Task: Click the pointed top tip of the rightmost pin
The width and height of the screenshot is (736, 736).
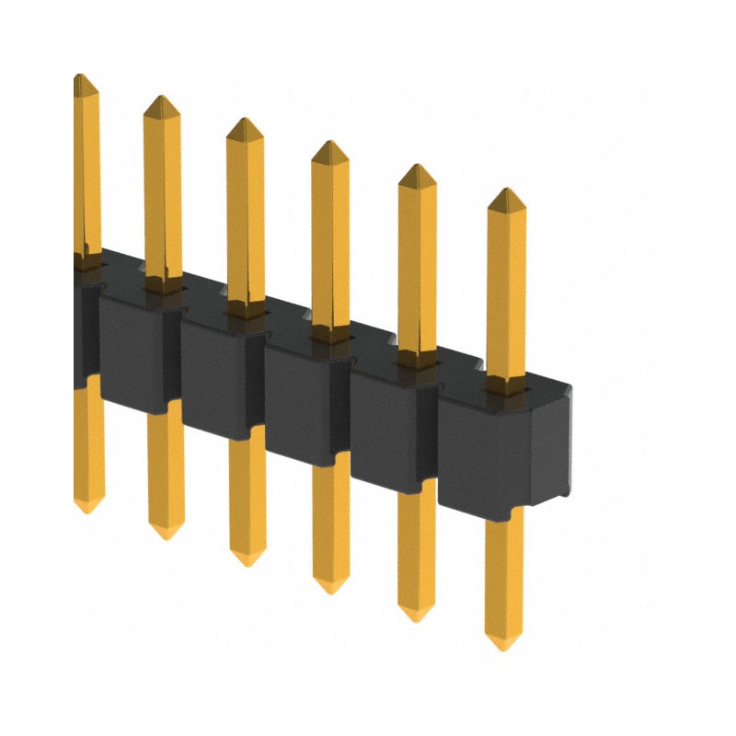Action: click(x=504, y=191)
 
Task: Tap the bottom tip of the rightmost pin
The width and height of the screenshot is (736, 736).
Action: click(x=503, y=646)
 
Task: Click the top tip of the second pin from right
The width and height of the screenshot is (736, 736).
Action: click(x=416, y=167)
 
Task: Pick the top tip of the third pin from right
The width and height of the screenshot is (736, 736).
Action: click(x=329, y=144)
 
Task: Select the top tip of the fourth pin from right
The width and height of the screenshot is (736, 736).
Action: click(x=244, y=121)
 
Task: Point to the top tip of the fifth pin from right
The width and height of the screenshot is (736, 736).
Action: click(x=161, y=98)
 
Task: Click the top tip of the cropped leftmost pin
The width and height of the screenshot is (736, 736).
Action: click(x=81, y=77)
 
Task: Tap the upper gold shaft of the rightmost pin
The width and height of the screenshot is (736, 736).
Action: click(x=505, y=285)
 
